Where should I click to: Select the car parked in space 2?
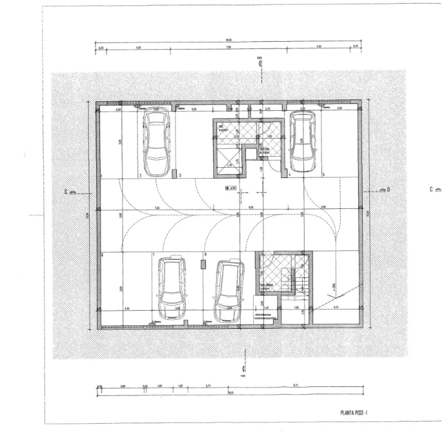tap(155, 143)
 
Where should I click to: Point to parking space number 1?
tap(102, 176)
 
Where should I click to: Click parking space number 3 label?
tap(180, 176)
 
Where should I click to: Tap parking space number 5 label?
tap(324, 175)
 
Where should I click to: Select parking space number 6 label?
tap(102, 254)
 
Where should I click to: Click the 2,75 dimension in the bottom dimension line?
tap(208, 386)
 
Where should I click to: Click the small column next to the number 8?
tap(203, 264)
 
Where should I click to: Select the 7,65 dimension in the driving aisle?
tap(157, 208)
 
